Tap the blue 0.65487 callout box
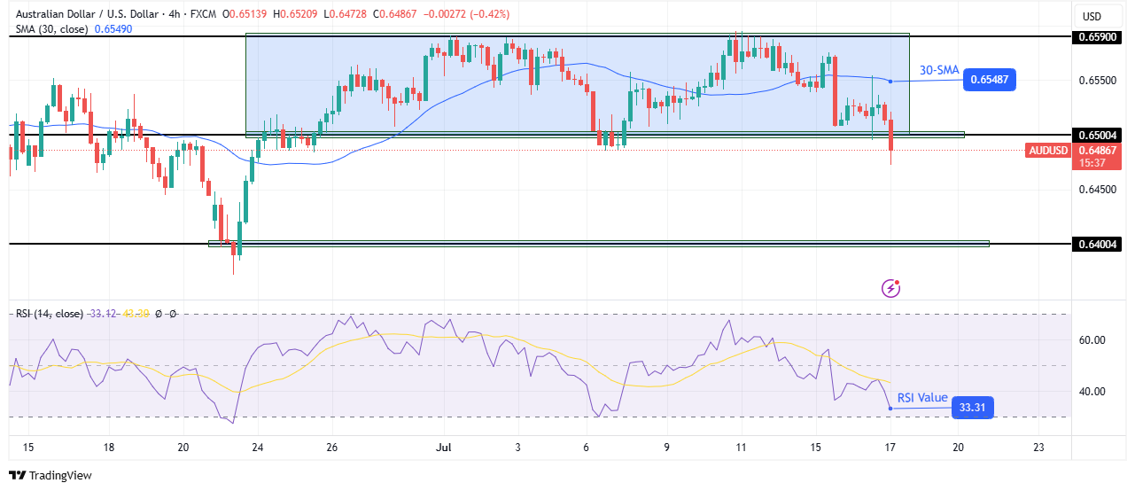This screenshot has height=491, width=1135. [991, 80]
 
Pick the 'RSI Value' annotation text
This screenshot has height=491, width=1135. [922, 398]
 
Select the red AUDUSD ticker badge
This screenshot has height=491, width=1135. [1048, 151]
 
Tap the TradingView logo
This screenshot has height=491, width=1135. [51, 476]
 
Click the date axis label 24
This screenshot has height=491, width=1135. [258, 448]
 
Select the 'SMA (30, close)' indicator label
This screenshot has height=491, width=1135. [51, 29]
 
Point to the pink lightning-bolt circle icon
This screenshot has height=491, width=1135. [891, 288]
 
